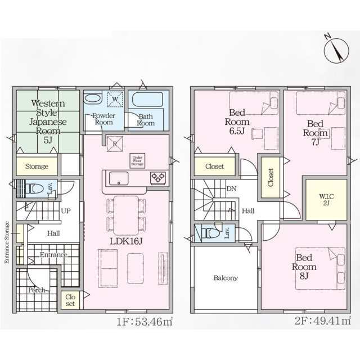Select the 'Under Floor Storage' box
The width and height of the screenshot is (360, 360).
(x=137, y=159)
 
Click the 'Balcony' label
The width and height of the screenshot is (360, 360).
(x=225, y=278)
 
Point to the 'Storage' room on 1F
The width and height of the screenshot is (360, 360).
(x=36, y=166)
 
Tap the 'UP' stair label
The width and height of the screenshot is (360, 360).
(x=65, y=211)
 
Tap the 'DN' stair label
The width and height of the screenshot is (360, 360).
(x=231, y=190)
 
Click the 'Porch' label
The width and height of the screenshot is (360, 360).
(x=37, y=290)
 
